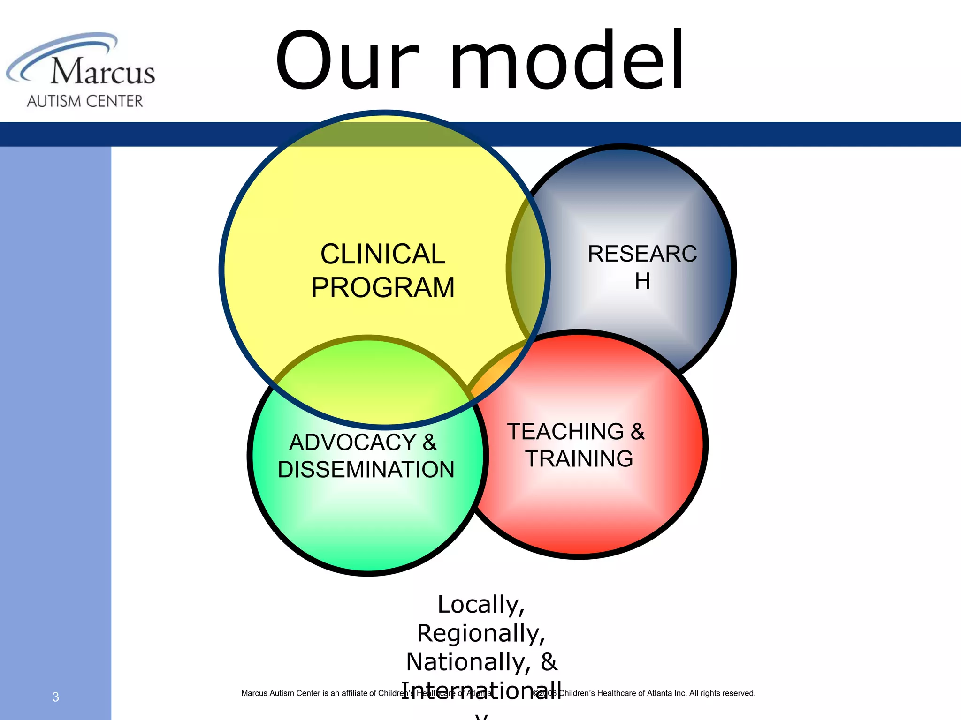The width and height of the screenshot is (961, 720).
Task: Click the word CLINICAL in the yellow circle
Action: coord(382,254)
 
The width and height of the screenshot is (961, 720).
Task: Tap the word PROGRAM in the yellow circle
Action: coord(382,287)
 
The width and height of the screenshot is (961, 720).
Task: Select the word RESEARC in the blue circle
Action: coord(642,254)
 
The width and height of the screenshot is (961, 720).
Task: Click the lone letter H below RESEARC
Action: coord(642,281)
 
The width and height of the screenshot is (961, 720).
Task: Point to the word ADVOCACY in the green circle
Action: coord(352,442)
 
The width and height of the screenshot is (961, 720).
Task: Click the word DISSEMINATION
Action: coord(366,470)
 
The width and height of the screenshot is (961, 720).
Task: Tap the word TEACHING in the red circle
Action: coord(565,432)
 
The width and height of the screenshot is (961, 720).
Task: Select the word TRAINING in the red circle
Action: coord(579,459)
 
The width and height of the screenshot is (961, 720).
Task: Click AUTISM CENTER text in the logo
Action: coord(85,101)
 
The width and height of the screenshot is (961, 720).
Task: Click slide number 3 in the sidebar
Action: coord(55,697)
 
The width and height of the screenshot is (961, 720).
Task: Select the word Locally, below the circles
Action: coord(481,605)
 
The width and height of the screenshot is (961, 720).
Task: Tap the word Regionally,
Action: coord(481,633)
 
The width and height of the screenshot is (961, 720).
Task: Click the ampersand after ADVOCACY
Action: coord(429,442)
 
